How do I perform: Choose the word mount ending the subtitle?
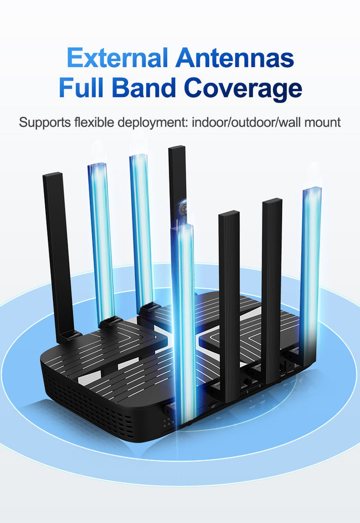[x=322, y=122]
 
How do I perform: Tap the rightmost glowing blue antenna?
[x=311, y=261]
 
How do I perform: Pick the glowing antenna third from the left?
[x=141, y=229]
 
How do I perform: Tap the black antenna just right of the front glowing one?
[x=229, y=294]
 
